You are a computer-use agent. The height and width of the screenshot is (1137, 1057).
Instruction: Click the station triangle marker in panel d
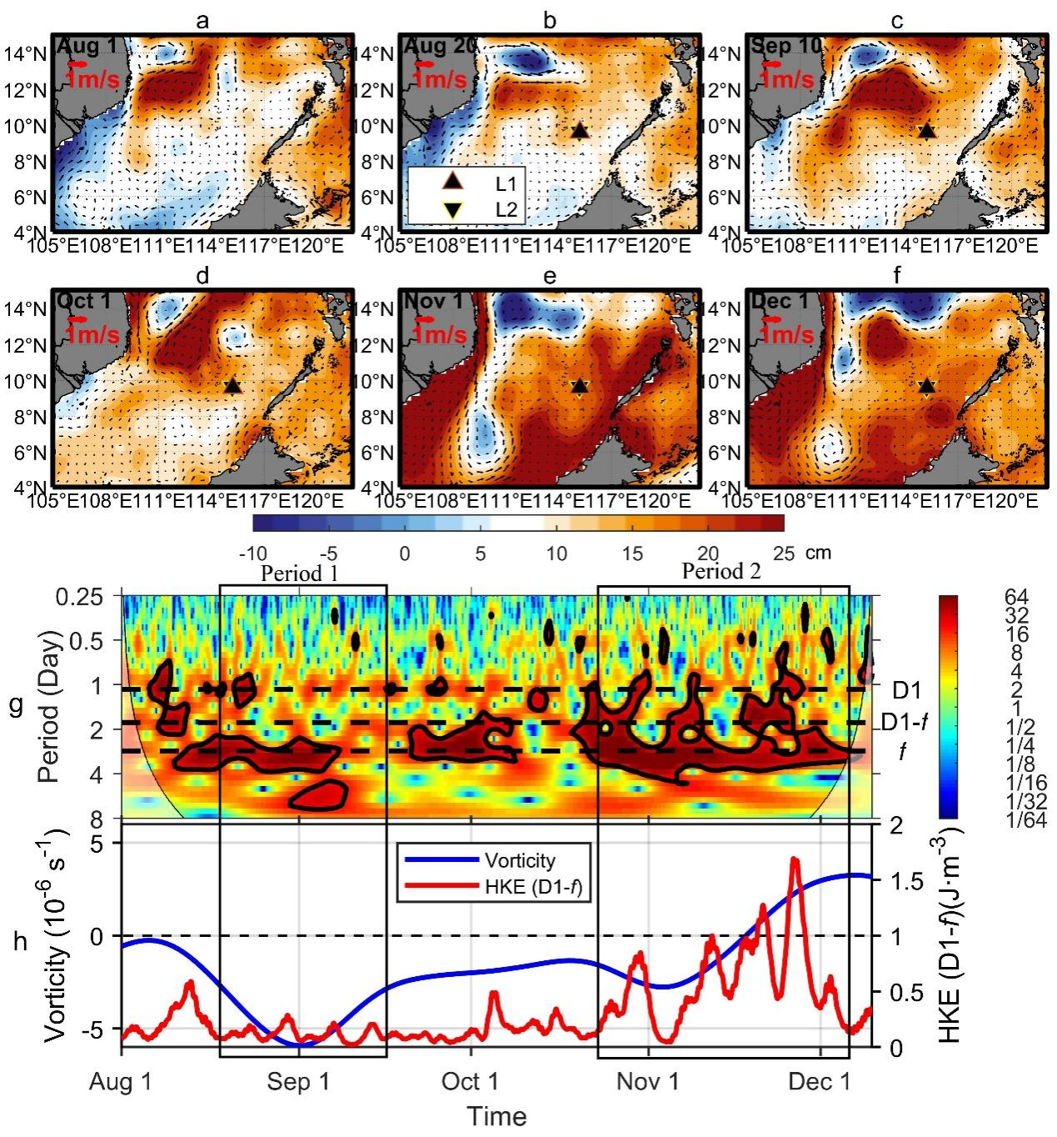(x=232, y=386)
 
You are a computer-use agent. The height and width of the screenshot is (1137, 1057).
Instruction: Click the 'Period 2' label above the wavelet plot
(x=721, y=572)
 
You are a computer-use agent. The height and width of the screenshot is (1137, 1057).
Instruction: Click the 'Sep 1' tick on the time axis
(x=298, y=1083)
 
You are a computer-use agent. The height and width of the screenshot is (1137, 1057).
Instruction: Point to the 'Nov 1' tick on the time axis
(x=648, y=1083)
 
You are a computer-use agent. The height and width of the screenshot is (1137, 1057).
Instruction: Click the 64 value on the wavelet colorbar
(x=1015, y=597)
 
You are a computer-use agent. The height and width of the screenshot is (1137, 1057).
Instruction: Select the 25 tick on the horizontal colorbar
(x=784, y=553)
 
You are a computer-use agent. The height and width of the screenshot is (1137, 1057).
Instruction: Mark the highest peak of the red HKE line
(x=794, y=859)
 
